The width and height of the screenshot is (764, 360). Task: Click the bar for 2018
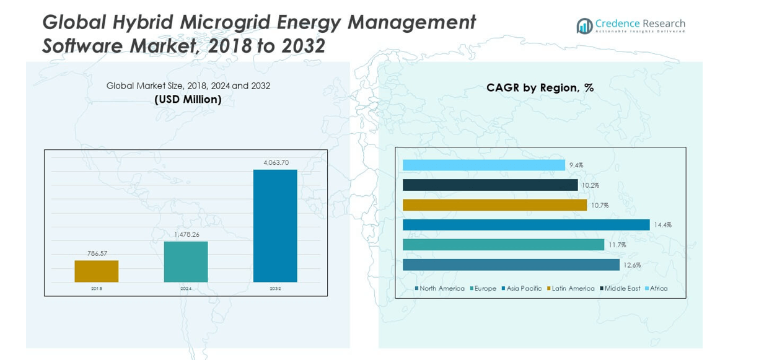(x=96, y=271)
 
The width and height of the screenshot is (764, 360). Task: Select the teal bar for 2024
(x=185, y=261)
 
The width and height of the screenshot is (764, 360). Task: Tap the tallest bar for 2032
(x=275, y=226)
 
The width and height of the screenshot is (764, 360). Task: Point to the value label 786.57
(x=96, y=253)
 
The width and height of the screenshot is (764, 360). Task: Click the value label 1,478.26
(x=185, y=234)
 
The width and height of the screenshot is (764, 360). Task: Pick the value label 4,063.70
(x=276, y=162)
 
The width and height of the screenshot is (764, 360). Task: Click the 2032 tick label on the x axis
(x=275, y=289)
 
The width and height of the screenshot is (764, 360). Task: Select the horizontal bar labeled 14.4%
(x=526, y=225)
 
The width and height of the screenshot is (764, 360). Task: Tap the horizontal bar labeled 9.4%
(x=483, y=165)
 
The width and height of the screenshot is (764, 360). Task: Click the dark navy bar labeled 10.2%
(x=490, y=185)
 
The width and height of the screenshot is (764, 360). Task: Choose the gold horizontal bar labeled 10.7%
(x=494, y=205)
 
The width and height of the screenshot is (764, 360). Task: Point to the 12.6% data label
(x=632, y=265)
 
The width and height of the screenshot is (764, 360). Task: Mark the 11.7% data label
(x=617, y=245)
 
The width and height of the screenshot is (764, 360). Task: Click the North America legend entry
(x=439, y=289)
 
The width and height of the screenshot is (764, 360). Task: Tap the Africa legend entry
(x=656, y=289)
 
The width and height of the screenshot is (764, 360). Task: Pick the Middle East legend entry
(x=620, y=289)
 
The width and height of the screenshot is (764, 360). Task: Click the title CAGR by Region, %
(x=540, y=88)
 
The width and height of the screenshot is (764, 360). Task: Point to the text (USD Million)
(x=188, y=99)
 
